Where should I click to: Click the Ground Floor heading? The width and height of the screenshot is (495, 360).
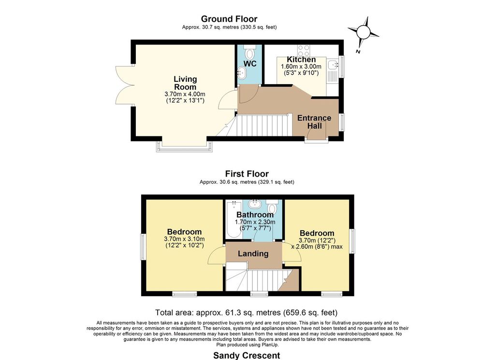[x=229, y=19]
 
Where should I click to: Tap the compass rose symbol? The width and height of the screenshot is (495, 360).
[x=364, y=31]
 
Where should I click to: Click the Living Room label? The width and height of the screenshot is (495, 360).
[x=185, y=83]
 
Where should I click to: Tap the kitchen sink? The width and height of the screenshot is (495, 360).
[x=333, y=65]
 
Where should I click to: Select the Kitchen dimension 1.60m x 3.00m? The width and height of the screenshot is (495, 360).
[x=301, y=67]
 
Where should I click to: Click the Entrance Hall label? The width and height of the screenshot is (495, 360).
[x=314, y=122]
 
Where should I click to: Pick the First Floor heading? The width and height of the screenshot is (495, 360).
[x=247, y=174]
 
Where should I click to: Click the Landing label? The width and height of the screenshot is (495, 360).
[x=253, y=254]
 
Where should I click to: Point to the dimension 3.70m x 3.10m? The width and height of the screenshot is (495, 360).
[x=184, y=239]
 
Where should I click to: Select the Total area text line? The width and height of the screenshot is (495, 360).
[x=246, y=313]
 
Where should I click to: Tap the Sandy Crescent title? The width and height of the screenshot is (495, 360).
[x=247, y=356]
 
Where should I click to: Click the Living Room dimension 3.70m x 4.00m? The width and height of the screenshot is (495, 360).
[x=185, y=94]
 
